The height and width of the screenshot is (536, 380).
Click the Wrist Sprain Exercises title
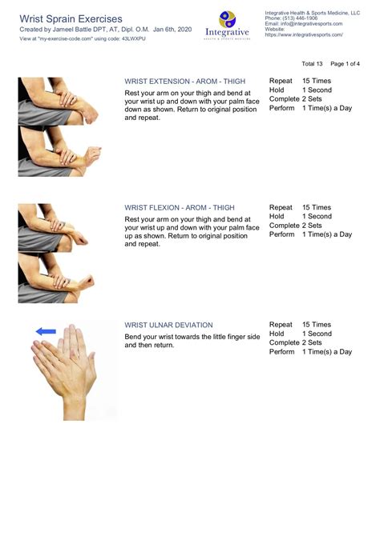point(71,18)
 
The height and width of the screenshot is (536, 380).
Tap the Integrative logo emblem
point(228,21)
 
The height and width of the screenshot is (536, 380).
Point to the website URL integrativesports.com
point(304,35)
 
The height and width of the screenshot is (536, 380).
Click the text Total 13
point(312,63)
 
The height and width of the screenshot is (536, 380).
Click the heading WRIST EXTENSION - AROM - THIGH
point(184,82)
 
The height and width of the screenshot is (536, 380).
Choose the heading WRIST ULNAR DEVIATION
point(168,325)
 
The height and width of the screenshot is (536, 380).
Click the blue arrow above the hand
point(46,330)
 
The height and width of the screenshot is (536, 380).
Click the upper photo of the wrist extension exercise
point(57,101)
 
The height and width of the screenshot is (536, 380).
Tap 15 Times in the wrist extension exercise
point(317,82)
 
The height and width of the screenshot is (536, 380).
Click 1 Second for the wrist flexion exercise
point(317,216)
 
